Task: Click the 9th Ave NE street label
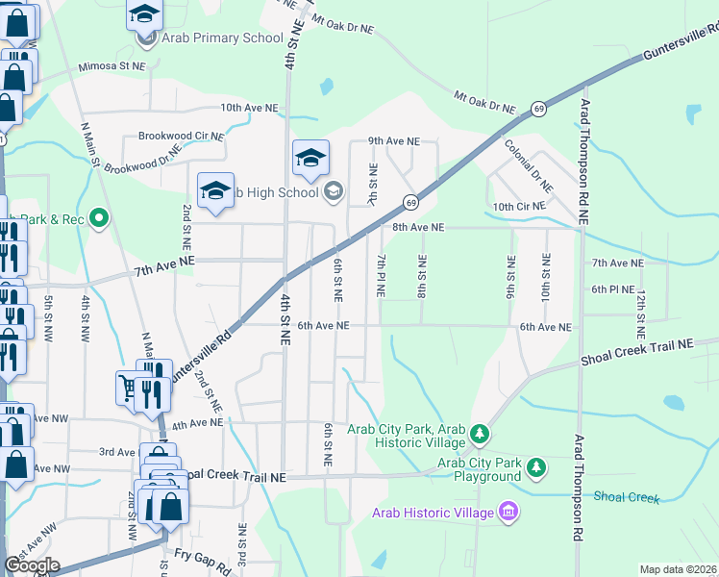click(x=394, y=140)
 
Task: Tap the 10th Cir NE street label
click(x=519, y=207)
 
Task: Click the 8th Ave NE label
click(x=418, y=228)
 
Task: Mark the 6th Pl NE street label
click(x=612, y=288)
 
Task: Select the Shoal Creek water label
click(x=626, y=497)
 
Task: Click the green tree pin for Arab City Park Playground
click(x=535, y=468)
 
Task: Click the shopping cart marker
click(x=129, y=387)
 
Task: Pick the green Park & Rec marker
click(x=97, y=218)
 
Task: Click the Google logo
click(x=31, y=564)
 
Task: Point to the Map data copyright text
click(x=678, y=569)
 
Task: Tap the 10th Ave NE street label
click(x=249, y=109)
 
